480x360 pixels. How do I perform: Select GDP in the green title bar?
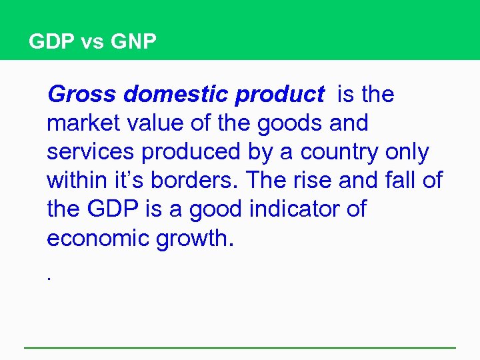click(x=53, y=43)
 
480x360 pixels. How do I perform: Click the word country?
click(x=339, y=153)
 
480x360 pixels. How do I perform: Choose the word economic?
click(x=98, y=238)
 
